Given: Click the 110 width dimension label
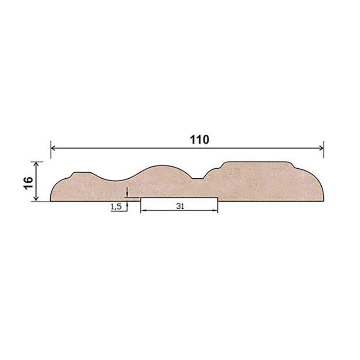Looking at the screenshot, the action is (199, 139).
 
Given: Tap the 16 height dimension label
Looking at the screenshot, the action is (28, 183).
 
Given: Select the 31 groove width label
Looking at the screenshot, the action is (180, 206).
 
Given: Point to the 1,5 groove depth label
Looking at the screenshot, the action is (116, 207).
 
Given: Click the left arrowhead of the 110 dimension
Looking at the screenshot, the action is (53, 148).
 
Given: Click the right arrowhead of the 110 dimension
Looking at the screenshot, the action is (321, 148).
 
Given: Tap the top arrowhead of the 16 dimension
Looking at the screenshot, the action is (36, 164).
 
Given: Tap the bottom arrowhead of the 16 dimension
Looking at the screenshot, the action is (36, 198).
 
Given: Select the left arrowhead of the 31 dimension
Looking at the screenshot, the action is (143, 210).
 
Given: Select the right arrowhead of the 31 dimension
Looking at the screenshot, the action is (215, 210).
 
